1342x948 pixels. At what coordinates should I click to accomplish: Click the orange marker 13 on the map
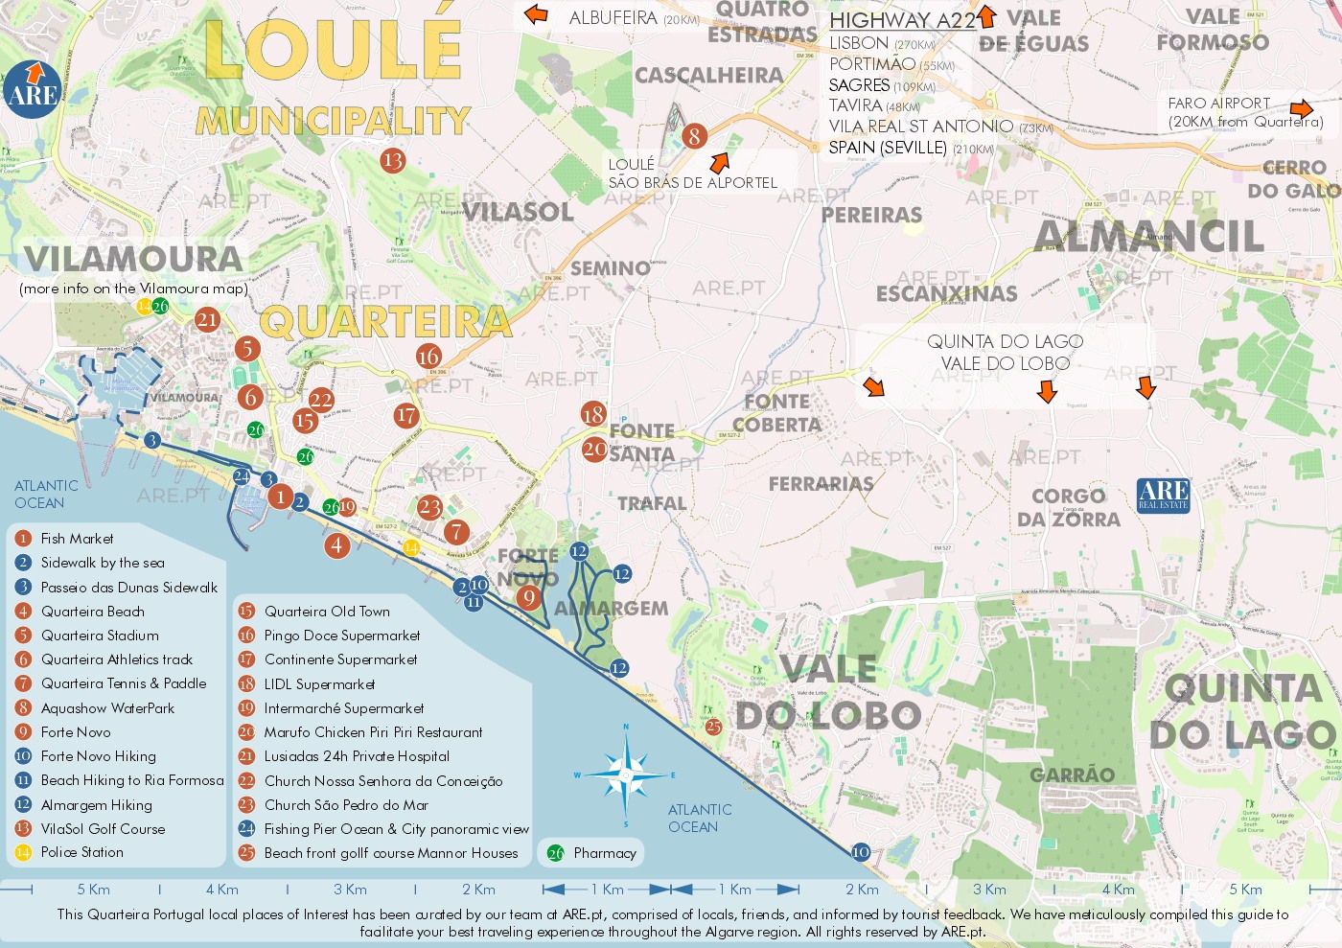coord(392,160)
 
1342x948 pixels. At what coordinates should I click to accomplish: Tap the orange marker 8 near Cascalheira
coord(694,136)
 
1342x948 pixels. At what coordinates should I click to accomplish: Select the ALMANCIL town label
coord(1148,237)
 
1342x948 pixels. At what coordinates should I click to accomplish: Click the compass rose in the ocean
coord(626,775)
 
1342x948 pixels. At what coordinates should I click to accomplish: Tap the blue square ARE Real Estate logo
coord(1163,496)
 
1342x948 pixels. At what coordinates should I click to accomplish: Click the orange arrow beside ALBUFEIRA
coord(535,14)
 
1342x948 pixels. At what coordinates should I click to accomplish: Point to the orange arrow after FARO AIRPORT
coord(1302,108)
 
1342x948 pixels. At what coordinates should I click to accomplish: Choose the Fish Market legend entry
coord(77,539)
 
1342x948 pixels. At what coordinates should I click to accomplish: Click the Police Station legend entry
coord(81,852)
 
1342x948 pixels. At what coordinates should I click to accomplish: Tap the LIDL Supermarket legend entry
coord(319,684)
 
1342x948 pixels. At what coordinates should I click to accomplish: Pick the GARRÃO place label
coord(1072,775)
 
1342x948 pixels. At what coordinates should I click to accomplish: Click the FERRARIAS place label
coord(821,484)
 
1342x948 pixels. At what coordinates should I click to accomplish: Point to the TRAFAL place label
coord(652,503)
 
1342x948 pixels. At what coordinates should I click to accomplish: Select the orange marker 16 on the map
coord(428,357)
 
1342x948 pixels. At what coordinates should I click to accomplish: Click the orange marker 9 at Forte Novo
coord(528,598)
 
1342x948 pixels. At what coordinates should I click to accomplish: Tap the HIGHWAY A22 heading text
coord(902,20)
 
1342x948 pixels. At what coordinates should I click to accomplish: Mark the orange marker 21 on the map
coord(207,319)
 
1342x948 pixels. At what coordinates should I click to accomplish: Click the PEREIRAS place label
coord(871,215)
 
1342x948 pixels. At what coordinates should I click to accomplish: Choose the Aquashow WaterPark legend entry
coord(107,708)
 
